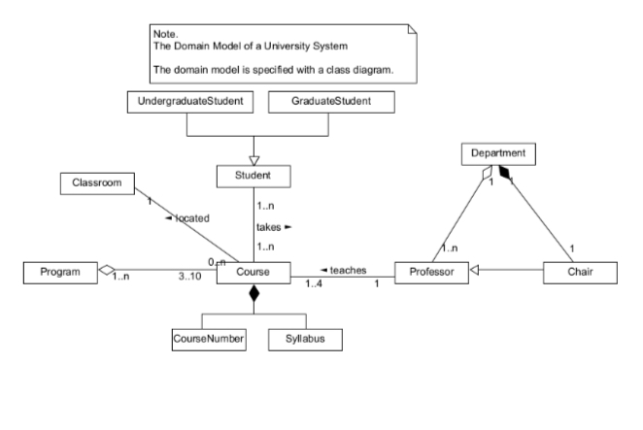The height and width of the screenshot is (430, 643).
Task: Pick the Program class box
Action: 59,274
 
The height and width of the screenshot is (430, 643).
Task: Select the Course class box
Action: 254,274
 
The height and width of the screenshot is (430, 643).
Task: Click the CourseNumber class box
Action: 209,339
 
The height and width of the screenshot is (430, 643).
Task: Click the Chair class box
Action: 579,275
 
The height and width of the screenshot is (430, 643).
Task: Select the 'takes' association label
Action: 273,227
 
